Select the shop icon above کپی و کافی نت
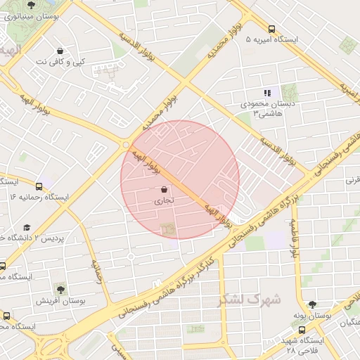point(60,51)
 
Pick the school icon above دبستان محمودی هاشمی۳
point(267,92)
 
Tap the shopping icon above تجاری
point(164,190)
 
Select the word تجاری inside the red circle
point(164,201)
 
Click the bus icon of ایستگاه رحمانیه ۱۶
point(39,187)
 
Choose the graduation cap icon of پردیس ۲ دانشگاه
point(27,228)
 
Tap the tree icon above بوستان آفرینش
point(60,289)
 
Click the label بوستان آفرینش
point(60,300)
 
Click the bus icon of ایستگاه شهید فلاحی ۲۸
point(302,329)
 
